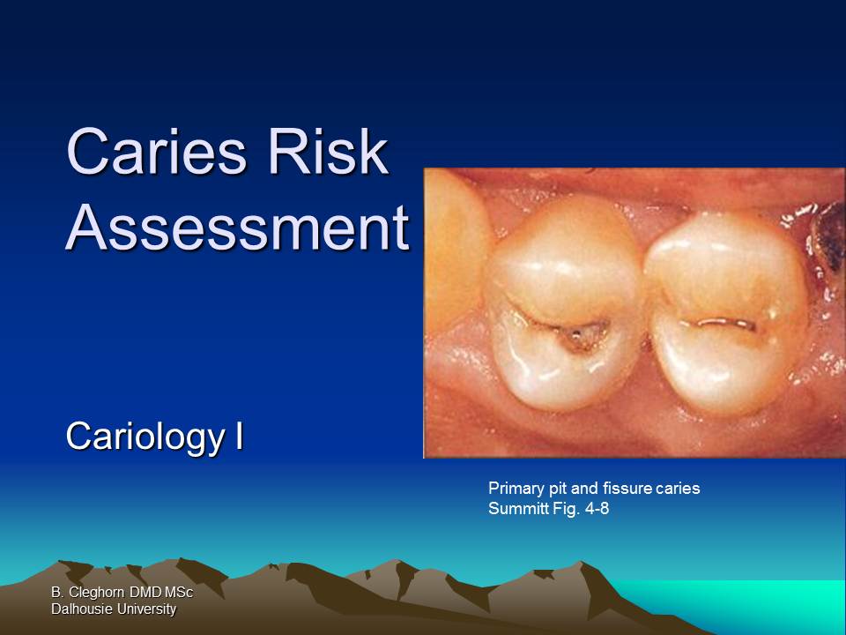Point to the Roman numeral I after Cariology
point(238,436)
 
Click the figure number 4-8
point(595,507)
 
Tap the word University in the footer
point(146,609)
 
